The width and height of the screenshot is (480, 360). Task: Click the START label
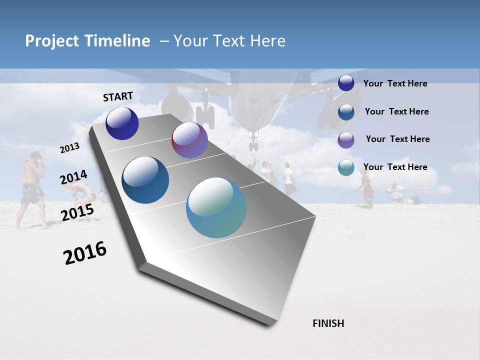pyautogui.click(x=118, y=96)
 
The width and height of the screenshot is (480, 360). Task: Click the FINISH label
pyautogui.click(x=328, y=323)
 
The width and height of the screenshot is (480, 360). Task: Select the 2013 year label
pyautogui.click(x=69, y=148)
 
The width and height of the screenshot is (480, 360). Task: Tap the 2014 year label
pyautogui.click(x=73, y=177)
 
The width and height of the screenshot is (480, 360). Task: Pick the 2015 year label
pyautogui.click(x=77, y=212)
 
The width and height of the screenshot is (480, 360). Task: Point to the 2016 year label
pyautogui.click(x=85, y=253)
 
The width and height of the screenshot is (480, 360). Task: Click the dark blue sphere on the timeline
pyautogui.click(x=122, y=123)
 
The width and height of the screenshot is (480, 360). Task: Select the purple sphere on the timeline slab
pyautogui.click(x=189, y=140)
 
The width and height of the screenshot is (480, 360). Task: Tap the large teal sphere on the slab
pyautogui.click(x=216, y=207)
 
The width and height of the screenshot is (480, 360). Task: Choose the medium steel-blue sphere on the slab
pyautogui.click(x=145, y=180)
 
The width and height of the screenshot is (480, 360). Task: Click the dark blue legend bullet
pyautogui.click(x=346, y=83)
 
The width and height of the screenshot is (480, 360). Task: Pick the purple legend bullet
pyautogui.click(x=346, y=139)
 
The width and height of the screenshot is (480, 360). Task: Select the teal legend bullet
pyautogui.click(x=346, y=167)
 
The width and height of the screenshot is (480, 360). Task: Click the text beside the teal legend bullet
pyautogui.click(x=395, y=167)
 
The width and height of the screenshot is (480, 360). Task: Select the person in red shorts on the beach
pyautogui.click(x=367, y=188)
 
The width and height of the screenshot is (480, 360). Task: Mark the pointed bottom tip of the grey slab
pyautogui.click(x=270, y=325)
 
